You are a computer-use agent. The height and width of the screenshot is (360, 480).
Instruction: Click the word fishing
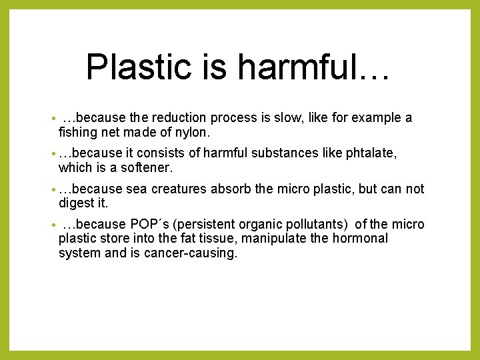pyautogui.click(x=79, y=133)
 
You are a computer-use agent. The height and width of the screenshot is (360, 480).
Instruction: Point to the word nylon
pyautogui.click(x=193, y=133)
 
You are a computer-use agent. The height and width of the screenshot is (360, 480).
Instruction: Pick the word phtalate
pyautogui.click(x=371, y=153)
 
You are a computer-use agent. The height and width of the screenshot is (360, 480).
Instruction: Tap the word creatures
pyautogui.click(x=179, y=189)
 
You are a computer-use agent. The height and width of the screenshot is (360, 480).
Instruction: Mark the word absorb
pyautogui.click(x=231, y=189)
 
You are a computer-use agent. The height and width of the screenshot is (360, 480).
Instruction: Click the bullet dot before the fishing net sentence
pyautogui.click(x=53, y=119)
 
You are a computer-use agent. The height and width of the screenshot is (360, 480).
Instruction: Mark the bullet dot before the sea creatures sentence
pyautogui.click(x=53, y=189)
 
